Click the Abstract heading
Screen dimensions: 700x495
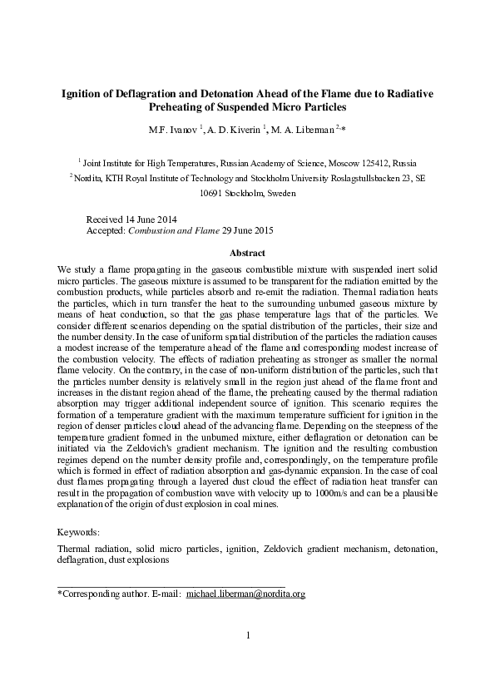point(247,253)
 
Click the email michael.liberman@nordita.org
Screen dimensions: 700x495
point(246,594)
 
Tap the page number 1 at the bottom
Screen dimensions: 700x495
point(248,637)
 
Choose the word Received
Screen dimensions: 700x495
point(106,218)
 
